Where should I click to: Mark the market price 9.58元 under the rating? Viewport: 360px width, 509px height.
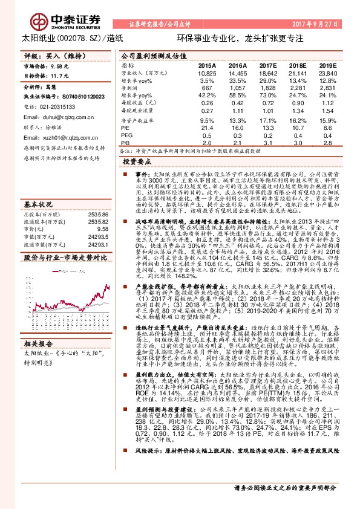pyautogui.click(x=61, y=65)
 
